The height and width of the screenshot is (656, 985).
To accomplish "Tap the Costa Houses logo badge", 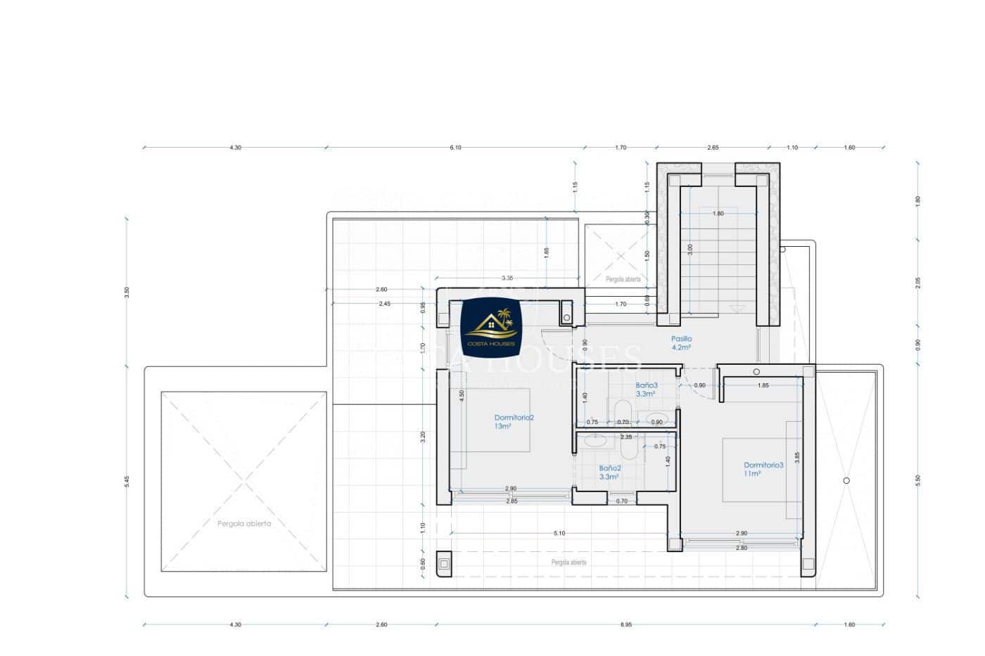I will pos(490,326).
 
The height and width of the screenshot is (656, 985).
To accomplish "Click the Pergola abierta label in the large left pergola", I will pos(243,523).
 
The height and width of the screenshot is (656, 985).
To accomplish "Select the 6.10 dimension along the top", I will pos(455,148).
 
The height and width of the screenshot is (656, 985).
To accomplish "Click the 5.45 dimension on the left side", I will pos(127,481).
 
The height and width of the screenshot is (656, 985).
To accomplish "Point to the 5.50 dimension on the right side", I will pos(917,480).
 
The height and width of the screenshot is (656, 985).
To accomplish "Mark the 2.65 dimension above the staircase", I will pos(713,148).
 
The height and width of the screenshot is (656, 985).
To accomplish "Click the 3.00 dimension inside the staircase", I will pos(690,248).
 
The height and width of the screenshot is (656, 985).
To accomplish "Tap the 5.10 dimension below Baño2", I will pos(559,534).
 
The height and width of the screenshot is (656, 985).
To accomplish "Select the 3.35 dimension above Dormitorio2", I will pos(507,278).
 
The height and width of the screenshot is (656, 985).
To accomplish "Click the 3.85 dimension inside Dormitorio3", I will pos(797,457).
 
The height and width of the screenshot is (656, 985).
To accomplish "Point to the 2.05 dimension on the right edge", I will pos(917,282).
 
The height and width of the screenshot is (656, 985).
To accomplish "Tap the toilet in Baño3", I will pos(622,411).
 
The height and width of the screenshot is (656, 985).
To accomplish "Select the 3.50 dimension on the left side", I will pos(127,290).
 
